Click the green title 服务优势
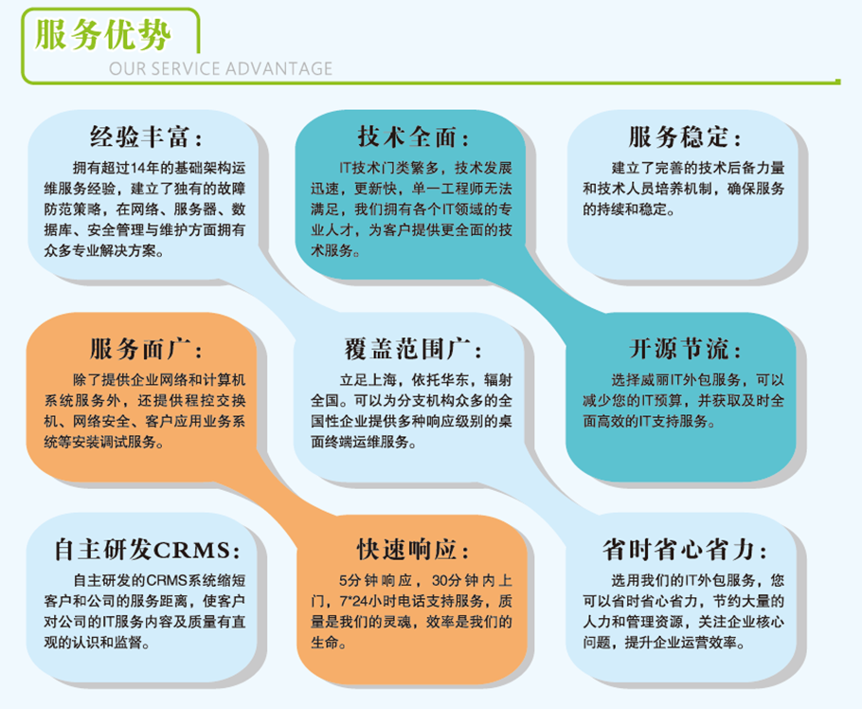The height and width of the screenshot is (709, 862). (x=103, y=34)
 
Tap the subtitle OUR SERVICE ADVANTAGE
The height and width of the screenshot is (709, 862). (x=221, y=69)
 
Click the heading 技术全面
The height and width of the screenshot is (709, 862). (x=407, y=136)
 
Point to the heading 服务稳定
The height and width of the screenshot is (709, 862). (x=678, y=136)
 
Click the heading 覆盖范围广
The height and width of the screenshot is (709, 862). (x=407, y=349)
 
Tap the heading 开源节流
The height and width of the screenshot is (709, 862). (x=678, y=349)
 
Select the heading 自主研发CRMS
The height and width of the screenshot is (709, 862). (x=142, y=550)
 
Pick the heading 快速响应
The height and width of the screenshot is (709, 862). (x=407, y=550)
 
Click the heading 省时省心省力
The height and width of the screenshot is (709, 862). (x=678, y=550)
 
